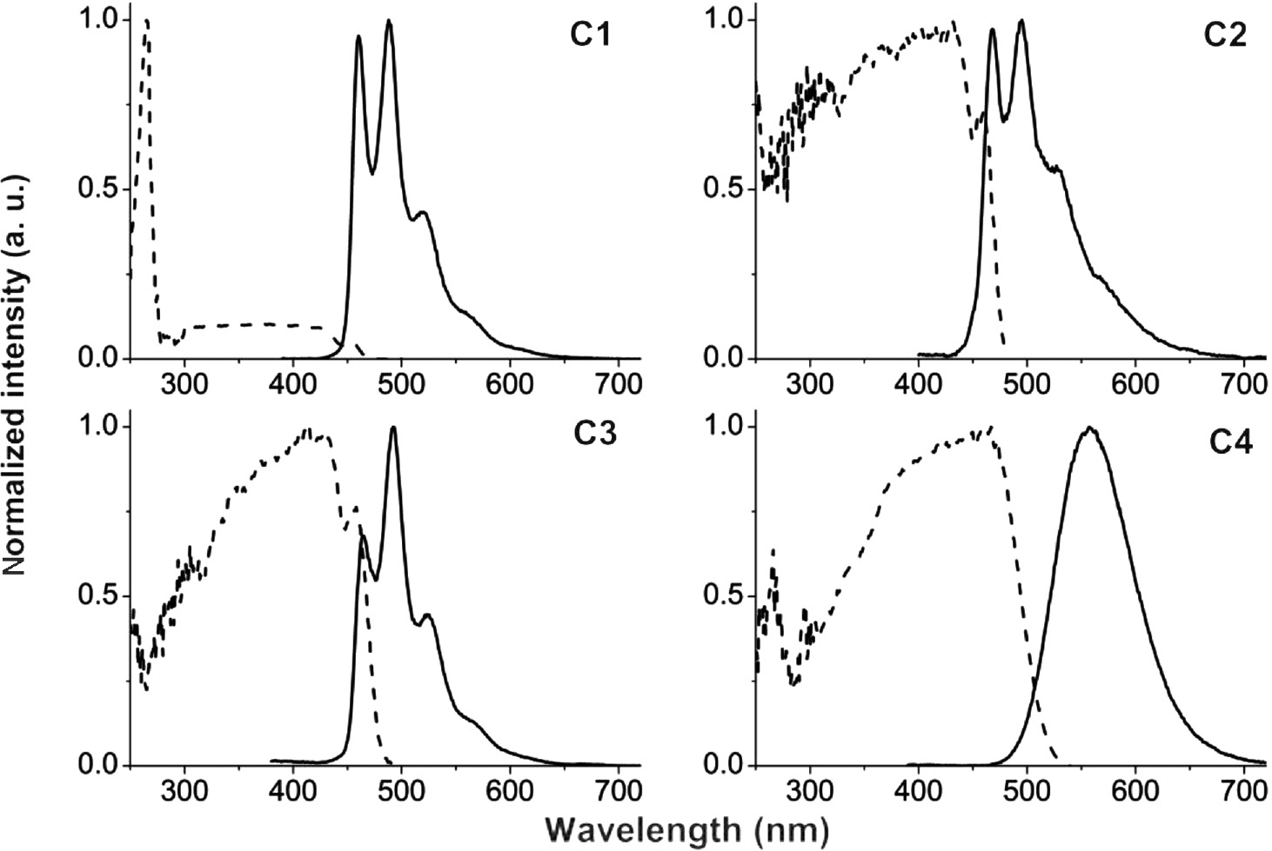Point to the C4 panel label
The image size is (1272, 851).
[1230, 444]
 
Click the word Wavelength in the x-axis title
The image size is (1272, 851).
[645, 830]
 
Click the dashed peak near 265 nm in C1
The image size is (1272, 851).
[146, 21]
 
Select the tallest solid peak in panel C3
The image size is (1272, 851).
[393, 428]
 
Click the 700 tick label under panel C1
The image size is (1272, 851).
[618, 383]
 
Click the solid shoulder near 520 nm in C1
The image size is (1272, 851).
[423, 212]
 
